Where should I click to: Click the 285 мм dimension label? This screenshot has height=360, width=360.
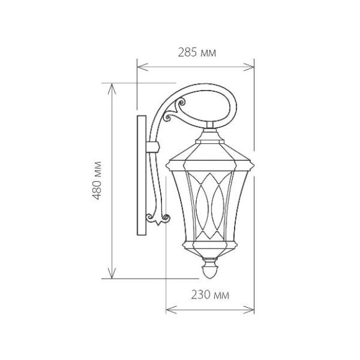(x=197, y=53)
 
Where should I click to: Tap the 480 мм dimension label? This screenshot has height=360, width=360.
(x=97, y=181)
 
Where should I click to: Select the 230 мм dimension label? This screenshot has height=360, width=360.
(x=210, y=295)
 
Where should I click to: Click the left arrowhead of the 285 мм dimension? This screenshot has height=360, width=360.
(x=142, y=67)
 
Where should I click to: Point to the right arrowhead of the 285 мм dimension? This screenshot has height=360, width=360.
(x=249, y=67)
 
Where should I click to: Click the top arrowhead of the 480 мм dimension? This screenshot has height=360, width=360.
(x=112, y=89)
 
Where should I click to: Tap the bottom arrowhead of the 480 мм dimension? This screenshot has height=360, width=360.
(x=112, y=273)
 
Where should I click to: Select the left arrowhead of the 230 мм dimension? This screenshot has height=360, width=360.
(x=171, y=310)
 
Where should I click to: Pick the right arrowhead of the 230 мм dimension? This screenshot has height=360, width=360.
(x=249, y=310)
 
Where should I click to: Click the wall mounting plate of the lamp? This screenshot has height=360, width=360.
(x=142, y=176)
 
